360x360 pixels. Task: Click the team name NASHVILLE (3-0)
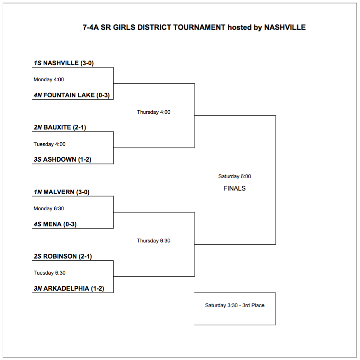click(68, 63)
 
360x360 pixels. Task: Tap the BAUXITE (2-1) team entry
click(64, 128)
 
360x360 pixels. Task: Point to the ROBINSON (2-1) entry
click(67, 257)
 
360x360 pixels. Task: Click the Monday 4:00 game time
click(49, 79)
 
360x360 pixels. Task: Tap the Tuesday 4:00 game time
click(50, 144)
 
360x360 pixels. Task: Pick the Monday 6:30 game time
click(49, 208)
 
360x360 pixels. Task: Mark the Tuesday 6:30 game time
click(50, 273)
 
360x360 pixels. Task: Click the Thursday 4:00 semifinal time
click(154, 112)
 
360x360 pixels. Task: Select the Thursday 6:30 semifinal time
click(154, 241)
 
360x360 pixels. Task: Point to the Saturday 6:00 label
click(234, 176)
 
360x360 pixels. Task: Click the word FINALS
click(234, 188)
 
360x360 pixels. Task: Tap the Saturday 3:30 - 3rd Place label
click(234, 305)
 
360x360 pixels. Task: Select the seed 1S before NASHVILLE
click(37, 63)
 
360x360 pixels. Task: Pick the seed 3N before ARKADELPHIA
click(38, 289)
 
